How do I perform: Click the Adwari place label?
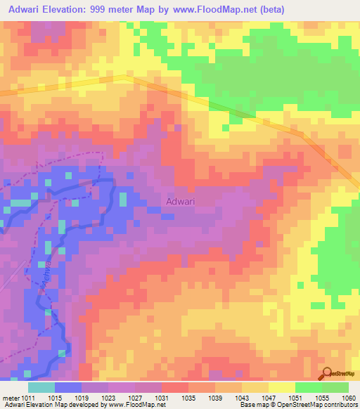tap(180, 202)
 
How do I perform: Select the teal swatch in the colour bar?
tap(41, 387)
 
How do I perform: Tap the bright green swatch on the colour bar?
tap(309, 387)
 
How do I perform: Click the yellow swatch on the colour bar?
tap(282, 387)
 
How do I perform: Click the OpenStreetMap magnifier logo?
tap(327, 374)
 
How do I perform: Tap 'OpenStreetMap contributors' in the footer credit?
tap(322, 405)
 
